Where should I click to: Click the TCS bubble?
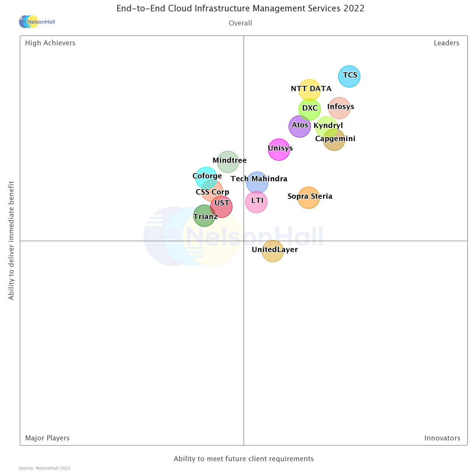coord(349,76)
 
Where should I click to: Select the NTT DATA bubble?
coord(309,90)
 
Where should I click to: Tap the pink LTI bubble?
coord(256,202)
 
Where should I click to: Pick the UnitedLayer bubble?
coord(273,251)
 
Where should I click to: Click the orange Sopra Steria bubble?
coord(309,198)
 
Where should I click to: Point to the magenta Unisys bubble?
coord(279,150)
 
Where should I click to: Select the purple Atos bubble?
coord(299,126)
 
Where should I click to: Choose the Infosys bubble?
coord(339,108)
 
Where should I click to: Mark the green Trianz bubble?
coord(204,216)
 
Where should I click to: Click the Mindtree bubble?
coord(228,162)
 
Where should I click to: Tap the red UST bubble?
coord(221,206)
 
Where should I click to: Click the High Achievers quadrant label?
coord(50,43)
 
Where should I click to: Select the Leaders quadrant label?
coord(446,43)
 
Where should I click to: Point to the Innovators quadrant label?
coord(442,438)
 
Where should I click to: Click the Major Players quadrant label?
coord(47,438)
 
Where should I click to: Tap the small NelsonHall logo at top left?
coord(37,22)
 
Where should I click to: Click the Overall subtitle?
coord(240,23)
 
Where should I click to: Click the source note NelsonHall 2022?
coord(45,468)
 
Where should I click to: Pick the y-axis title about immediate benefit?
coord(11,240)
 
